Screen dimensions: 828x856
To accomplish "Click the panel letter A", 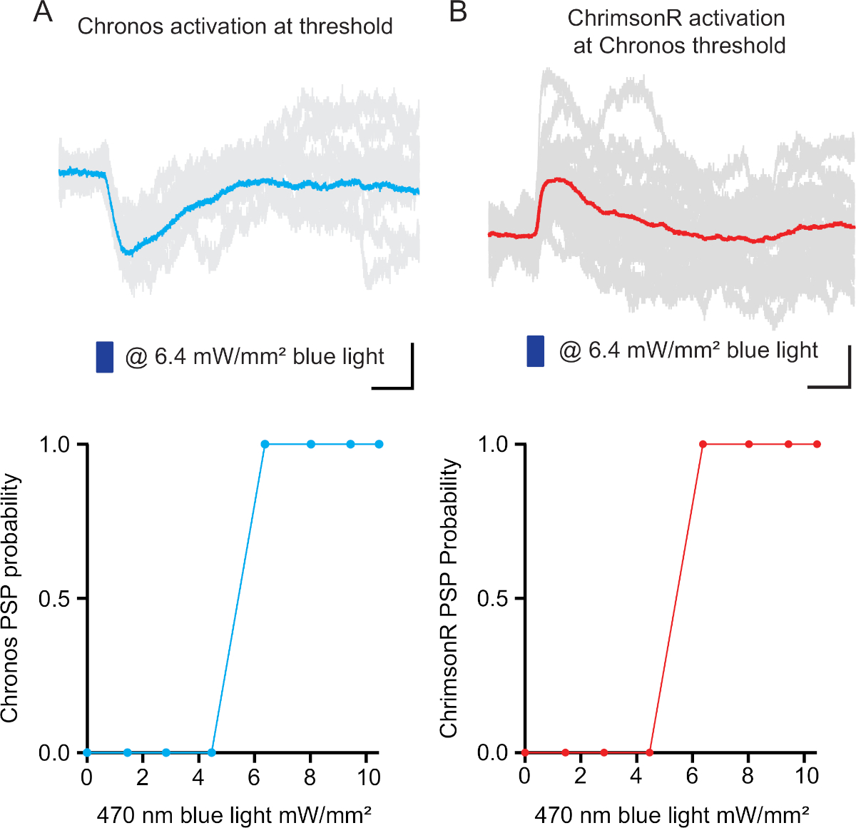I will point(43,12).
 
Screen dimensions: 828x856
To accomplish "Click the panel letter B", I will point(458,12).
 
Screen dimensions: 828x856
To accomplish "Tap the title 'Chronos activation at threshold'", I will point(235,26).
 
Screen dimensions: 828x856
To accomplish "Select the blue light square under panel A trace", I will point(105,357).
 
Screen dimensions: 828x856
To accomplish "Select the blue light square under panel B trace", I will point(536,351).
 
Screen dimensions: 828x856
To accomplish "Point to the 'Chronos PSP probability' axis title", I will point(10,598).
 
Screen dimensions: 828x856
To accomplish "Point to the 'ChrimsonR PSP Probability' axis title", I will point(448,598).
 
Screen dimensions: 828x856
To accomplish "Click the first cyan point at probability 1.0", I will point(265,444).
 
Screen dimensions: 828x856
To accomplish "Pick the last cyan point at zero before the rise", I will point(211,752).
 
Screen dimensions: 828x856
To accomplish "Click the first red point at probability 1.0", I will point(703,444).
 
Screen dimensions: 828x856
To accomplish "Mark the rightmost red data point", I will point(817,444).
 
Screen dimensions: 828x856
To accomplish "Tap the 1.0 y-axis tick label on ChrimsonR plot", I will point(492,444).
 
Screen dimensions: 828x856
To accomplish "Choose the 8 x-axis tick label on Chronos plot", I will point(310,777).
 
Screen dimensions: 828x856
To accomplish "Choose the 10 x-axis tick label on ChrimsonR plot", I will point(807,777).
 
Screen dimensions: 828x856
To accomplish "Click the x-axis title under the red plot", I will point(671,814).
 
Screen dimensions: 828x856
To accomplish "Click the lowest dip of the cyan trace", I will point(127,253).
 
